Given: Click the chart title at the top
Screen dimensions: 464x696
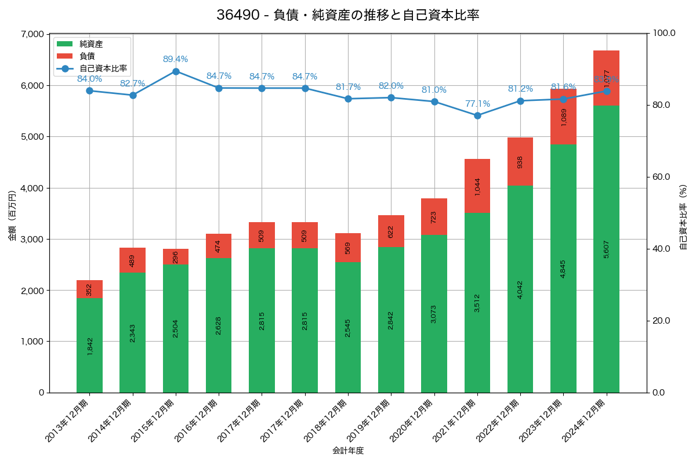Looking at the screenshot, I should [348, 15].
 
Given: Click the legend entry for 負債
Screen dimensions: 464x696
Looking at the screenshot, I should [87, 56].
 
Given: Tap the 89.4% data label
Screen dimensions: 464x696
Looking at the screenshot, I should [175, 59].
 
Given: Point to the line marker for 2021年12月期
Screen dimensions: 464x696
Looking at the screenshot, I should [477, 115].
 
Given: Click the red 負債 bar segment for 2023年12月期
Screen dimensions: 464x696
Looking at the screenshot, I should [563, 117].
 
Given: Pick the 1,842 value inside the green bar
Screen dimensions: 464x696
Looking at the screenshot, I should [90, 346].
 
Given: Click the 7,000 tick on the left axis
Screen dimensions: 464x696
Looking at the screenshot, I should [32, 34].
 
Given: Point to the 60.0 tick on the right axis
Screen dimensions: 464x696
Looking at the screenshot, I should [661, 177].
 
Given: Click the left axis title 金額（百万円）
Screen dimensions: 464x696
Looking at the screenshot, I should [12, 213].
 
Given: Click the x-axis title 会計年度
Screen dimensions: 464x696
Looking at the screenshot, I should [348, 451].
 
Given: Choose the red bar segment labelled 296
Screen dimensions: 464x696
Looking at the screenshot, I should [176, 256].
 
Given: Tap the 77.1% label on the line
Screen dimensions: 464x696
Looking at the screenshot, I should [477, 104].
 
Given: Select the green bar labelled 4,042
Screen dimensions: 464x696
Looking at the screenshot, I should [520, 289].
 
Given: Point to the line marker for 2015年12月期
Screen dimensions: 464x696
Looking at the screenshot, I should [176, 71].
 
